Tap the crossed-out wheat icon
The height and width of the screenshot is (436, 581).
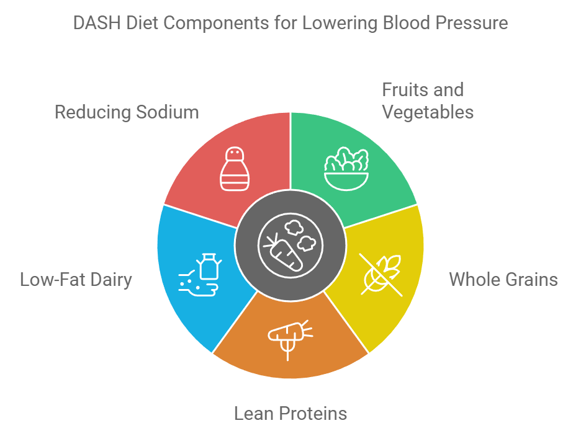point(381,274)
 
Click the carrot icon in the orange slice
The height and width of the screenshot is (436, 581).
point(289,335)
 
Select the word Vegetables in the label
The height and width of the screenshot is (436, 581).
point(428,112)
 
